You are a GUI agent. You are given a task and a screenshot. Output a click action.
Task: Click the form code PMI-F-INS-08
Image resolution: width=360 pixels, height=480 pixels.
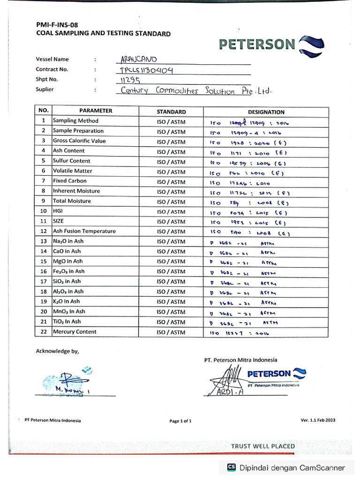click(57, 25)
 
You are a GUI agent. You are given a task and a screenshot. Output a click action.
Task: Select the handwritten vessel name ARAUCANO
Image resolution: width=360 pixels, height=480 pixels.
click(139, 60)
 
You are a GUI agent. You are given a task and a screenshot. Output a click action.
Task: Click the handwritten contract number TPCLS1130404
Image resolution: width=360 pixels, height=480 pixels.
click(146, 70)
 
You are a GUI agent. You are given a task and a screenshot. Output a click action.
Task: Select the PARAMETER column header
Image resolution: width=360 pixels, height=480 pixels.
click(96, 111)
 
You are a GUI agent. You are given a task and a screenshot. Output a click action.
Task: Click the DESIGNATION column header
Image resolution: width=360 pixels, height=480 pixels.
click(266, 112)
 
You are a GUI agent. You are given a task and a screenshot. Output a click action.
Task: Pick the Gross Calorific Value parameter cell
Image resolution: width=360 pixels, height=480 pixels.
click(79, 141)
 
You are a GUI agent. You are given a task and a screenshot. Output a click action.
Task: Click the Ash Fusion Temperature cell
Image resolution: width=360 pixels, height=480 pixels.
click(84, 231)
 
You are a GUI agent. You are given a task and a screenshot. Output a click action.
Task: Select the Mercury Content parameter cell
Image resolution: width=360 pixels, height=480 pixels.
click(75, 332)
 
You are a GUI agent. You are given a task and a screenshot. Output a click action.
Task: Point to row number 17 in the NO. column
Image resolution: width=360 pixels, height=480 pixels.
click(44, 282)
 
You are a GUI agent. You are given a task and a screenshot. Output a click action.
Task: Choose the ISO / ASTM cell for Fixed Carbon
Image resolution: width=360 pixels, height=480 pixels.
click(171, 182)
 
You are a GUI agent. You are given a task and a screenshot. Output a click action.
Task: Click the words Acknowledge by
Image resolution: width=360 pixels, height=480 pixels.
click(58, 351)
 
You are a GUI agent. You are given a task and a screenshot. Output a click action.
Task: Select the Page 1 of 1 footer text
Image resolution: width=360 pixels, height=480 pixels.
click(180, 421)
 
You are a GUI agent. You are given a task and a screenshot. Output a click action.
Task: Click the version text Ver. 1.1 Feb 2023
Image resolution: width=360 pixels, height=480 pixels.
click(318, 420)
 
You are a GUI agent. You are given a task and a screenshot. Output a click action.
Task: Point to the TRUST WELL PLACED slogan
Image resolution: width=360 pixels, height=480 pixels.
click(262, 446)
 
